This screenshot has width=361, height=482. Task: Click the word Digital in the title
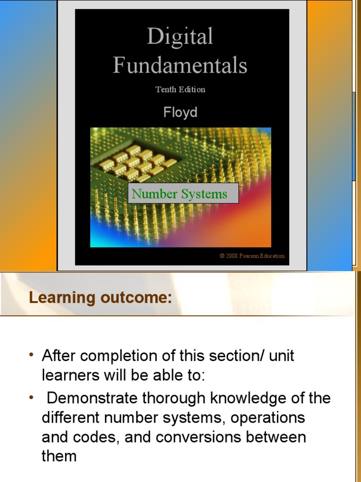click(180, 37)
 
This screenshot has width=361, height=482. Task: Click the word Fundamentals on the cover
click(180, 65)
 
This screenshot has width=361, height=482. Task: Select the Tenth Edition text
click(180, 89)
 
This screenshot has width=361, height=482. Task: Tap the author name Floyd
click(180, 112)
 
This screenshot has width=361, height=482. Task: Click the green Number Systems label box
click(183, 193)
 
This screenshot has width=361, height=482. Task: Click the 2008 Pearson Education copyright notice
click(252, 256)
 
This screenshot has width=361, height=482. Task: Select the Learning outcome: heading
click(100, 297)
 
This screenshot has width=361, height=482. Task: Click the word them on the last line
click(59, 456)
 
